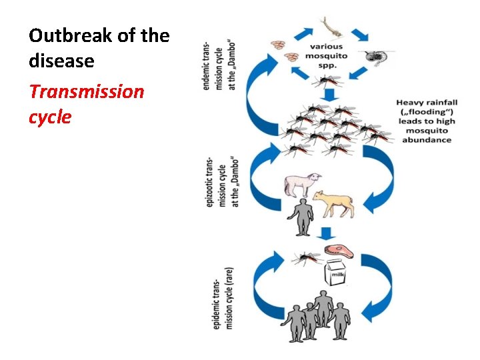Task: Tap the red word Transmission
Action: coord(86,91)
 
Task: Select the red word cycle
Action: coord(49,117)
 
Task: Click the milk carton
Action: coord(335,275)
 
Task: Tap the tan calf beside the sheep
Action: coord(335,202)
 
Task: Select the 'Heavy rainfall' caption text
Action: coord(427,121)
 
